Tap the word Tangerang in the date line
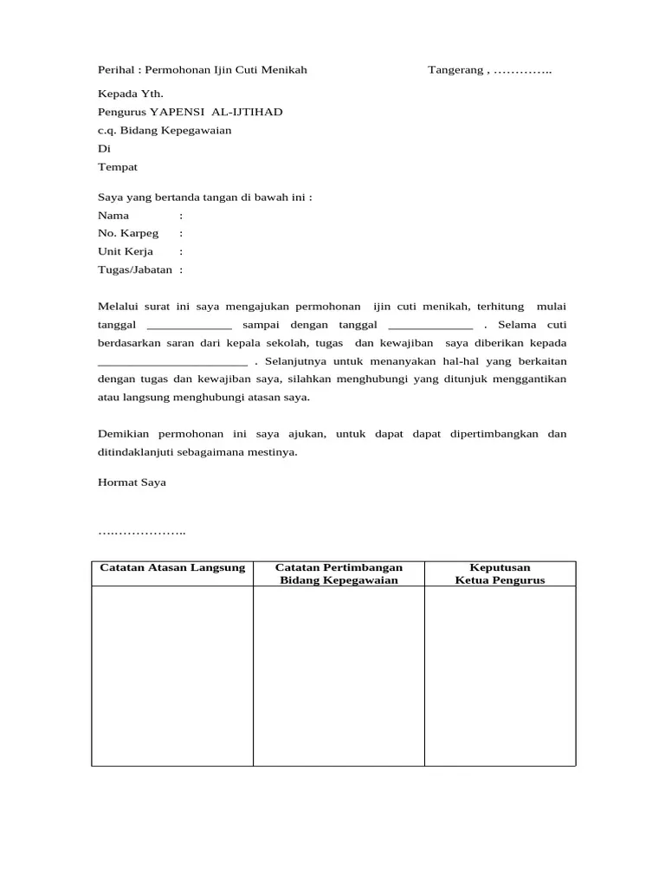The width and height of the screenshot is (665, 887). (x=455, y=70)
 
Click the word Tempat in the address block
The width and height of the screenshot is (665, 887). (x=117, y=167)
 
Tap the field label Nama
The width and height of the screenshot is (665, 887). (x=113, y=216)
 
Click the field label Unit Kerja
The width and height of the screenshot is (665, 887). (x=126, y=252)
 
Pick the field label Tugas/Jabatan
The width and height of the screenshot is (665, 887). (x=135, y=270)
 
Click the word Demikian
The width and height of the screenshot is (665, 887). (x=123, y=434)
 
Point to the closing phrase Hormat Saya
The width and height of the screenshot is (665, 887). (x=132, y=482)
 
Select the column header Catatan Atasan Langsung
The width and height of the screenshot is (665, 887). (x=172, y=568)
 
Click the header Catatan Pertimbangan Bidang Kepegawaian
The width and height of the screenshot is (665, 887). (x=339, y=573)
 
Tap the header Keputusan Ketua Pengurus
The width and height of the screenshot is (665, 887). (x=500, y=573)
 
